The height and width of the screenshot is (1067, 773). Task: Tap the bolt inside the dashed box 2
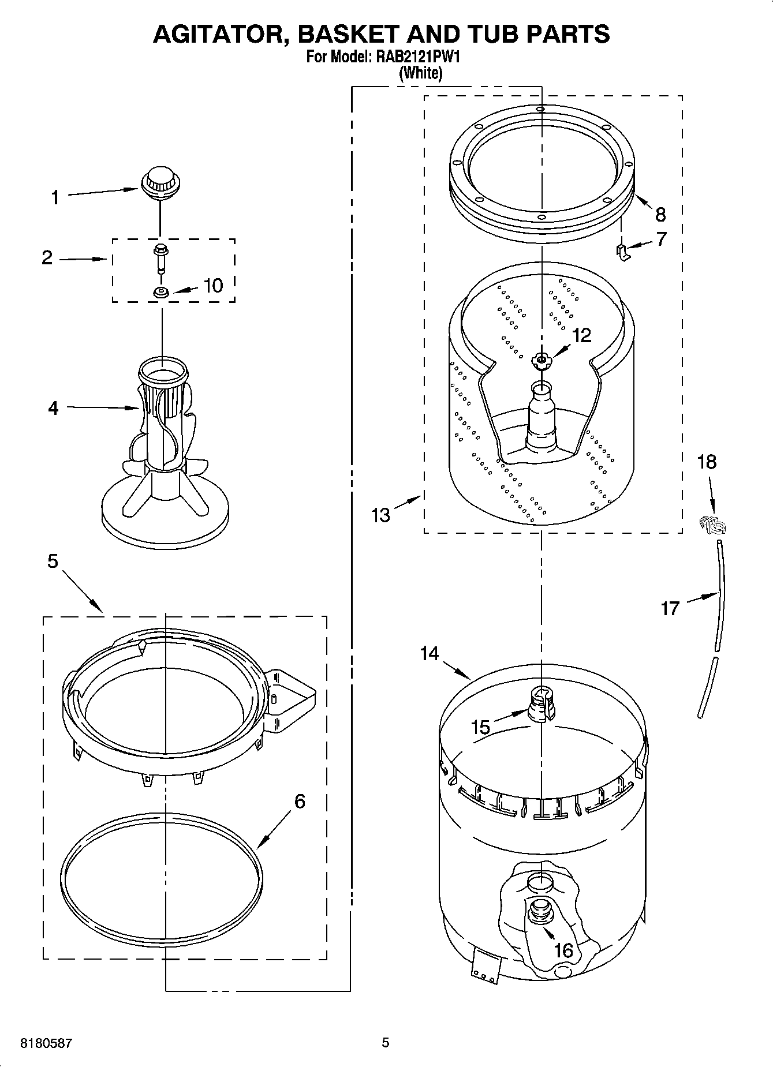coord(160,258)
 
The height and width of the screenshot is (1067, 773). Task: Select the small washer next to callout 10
coord(161,293)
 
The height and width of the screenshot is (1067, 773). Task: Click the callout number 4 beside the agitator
coord(53,408)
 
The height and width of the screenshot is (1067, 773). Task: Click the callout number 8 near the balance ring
coord(660,215)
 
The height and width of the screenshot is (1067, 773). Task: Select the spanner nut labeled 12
coord(541,361)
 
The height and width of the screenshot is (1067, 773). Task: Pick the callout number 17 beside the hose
coord(670,608)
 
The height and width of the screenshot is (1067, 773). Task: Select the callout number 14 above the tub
coord(429,654)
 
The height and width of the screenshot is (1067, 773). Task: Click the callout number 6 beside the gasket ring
coord(299,801)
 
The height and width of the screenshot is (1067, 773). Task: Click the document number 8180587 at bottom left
coord(46,1043)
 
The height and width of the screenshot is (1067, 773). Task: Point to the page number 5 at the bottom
coord(385,1042)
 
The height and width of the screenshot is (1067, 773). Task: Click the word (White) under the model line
coord(421,73)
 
